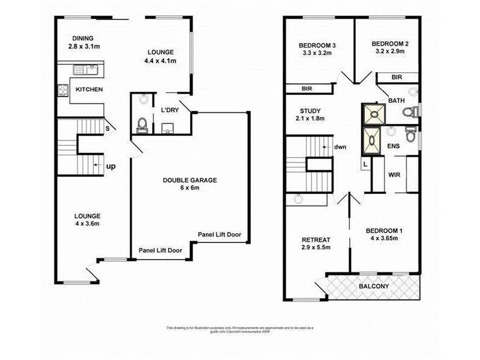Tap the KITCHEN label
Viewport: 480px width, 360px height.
click(x=89, y=89)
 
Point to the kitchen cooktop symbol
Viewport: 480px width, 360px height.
click(x=62, y=89)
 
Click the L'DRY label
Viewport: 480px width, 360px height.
click(x=168, y=110)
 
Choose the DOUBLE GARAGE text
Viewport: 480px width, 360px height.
click(x=190, y=179)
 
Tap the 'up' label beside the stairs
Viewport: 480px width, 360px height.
click(x=111, y=166)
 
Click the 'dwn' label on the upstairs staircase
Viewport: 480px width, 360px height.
click(x=340, y=146)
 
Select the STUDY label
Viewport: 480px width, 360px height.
click(x=310, y=111)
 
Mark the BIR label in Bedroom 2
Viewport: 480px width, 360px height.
click(x=396, y=77)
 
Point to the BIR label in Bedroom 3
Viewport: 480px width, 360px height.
click(x=307, y=89)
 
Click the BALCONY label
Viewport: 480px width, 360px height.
click(x=373, y=286)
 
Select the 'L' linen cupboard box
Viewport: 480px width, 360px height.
click(x=364, y=163)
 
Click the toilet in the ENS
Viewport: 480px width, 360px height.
click(x=410, y=134)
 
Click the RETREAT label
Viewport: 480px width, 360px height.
click(x=316, y=240)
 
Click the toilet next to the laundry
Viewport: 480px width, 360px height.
click(x=142, y=124)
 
